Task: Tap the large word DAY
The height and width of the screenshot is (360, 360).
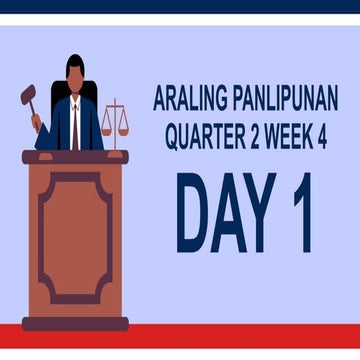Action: point(223,212)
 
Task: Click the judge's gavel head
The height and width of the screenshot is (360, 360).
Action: point(28,97)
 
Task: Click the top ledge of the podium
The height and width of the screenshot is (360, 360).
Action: point(75,157)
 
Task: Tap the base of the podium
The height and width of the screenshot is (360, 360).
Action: point(75,323)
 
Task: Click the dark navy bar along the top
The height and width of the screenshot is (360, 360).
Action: point(180,6)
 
